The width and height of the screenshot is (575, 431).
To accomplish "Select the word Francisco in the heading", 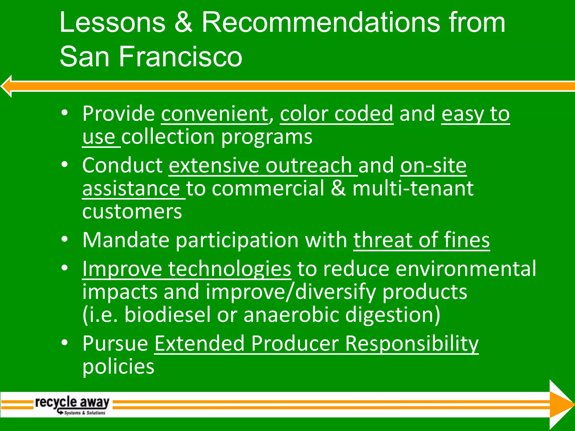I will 180,57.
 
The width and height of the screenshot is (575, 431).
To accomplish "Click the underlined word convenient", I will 215,114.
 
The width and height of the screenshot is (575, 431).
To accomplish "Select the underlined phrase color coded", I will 336,114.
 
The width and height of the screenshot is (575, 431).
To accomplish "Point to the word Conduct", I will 122,166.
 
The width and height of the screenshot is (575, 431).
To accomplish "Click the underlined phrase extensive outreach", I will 260,166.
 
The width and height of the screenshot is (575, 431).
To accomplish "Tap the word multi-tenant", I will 413,189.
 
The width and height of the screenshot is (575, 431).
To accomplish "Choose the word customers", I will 132,212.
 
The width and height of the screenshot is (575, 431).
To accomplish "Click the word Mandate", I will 126,240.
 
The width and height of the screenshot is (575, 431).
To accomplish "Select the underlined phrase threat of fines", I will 421,240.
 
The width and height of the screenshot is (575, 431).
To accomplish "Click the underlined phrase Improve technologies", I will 186,269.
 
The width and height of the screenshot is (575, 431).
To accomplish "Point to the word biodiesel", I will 167,315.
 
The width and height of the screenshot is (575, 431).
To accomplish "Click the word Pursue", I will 115,343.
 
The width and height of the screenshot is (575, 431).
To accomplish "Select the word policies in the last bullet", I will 118,367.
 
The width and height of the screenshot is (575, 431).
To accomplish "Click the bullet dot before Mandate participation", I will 65,239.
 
